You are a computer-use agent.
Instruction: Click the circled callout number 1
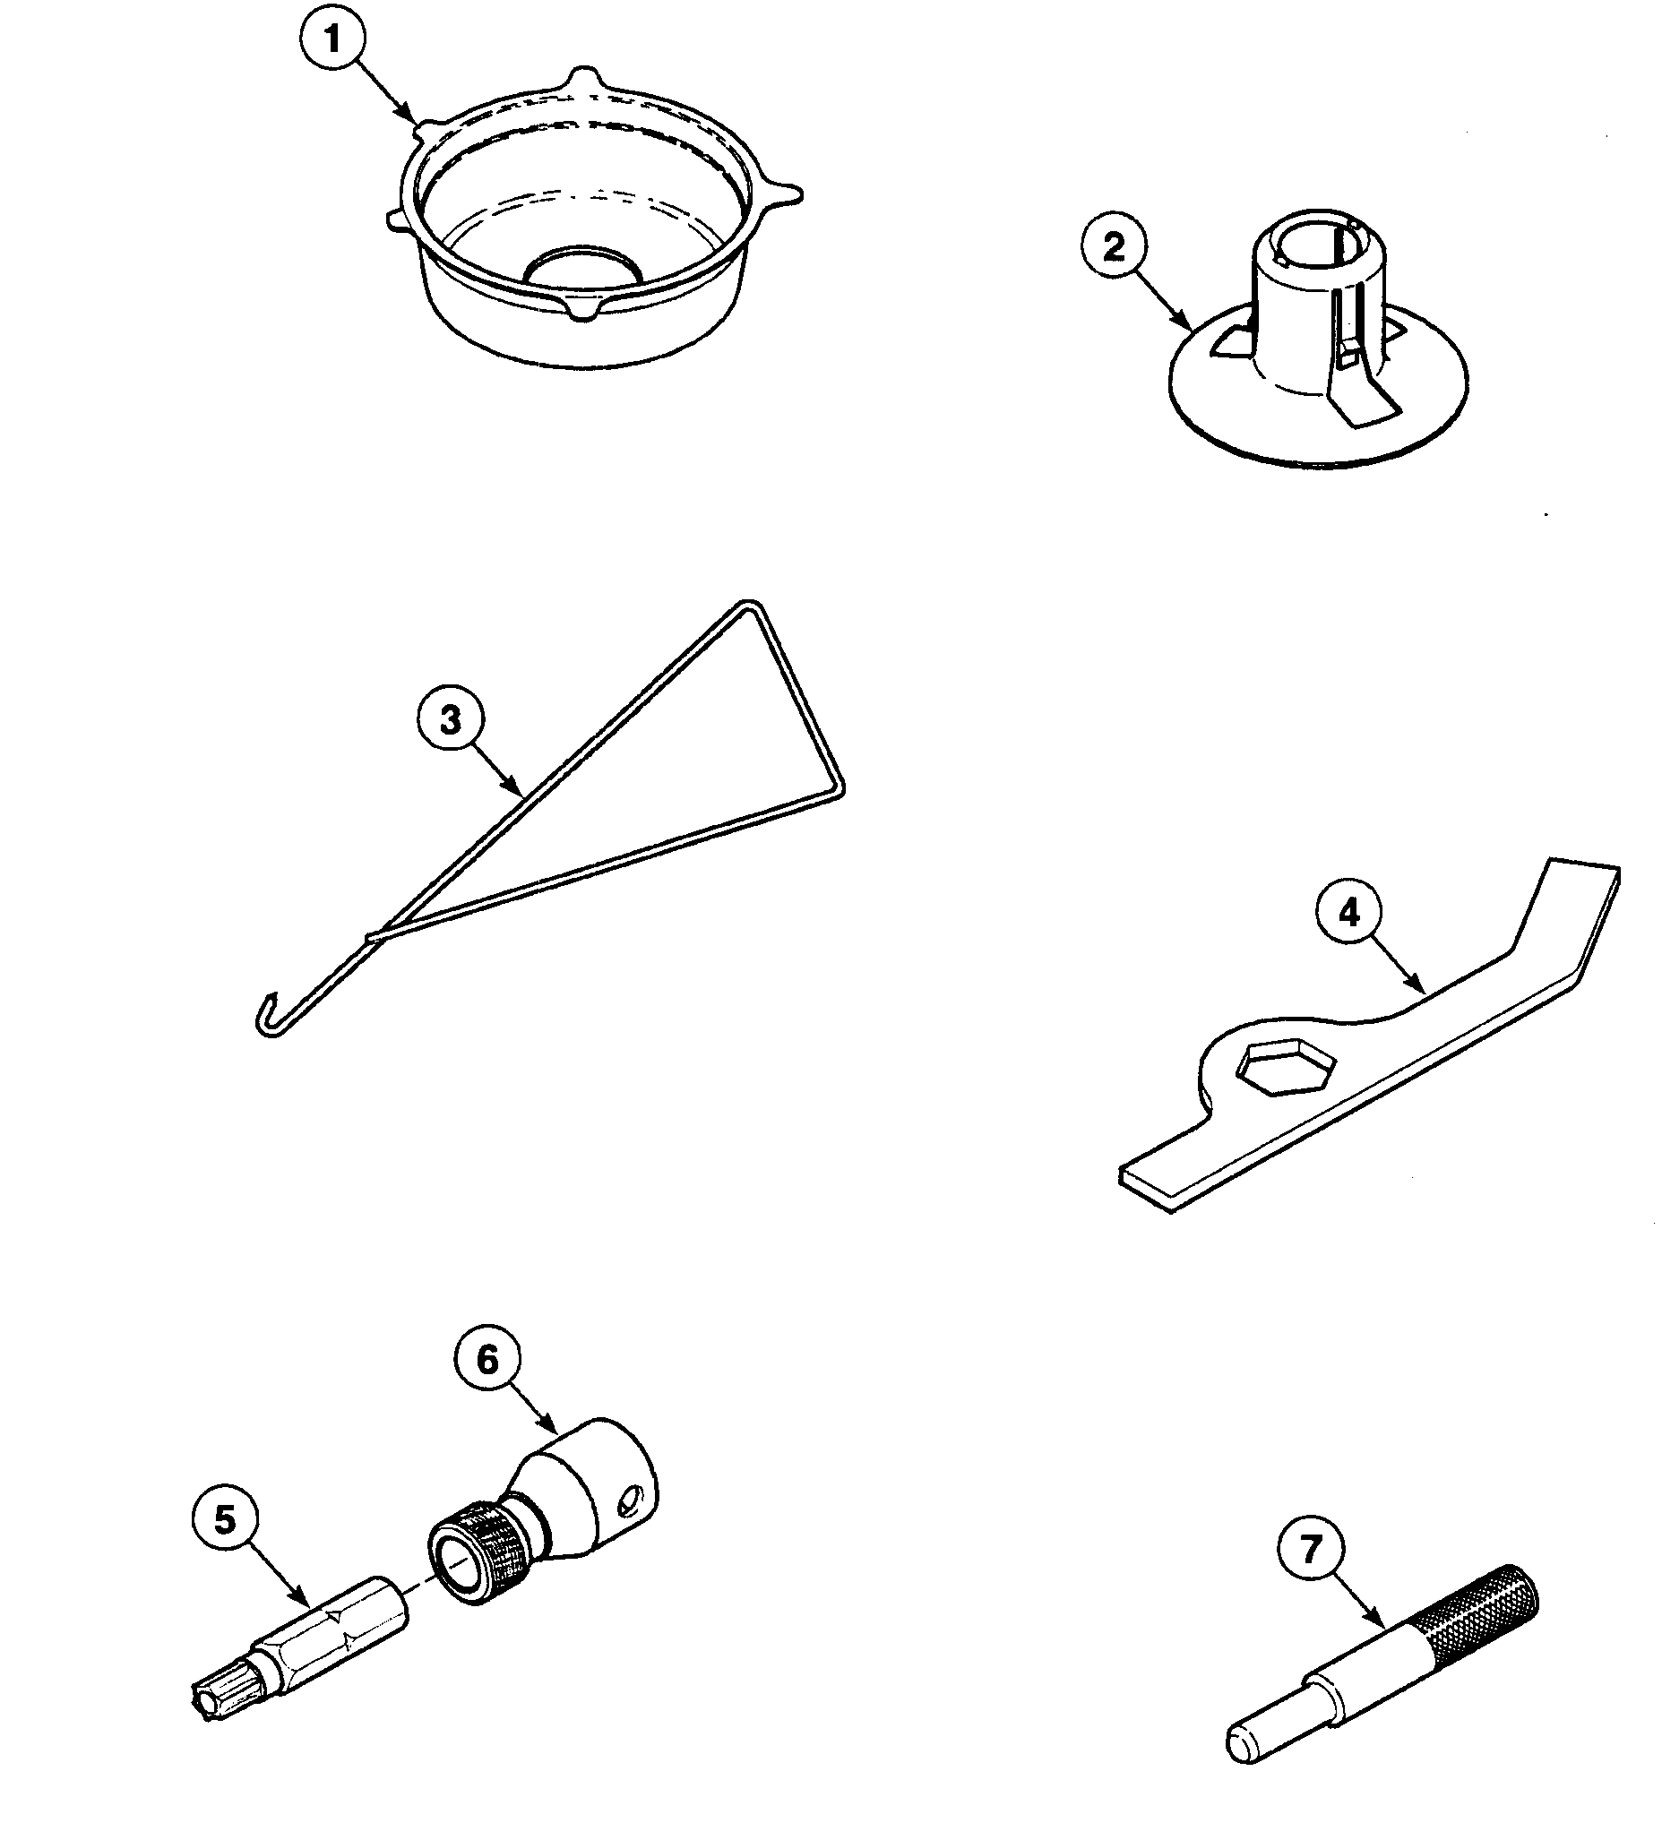pos(332,41)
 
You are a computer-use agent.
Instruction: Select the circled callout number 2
pos(1114,247)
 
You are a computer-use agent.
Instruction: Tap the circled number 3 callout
pos(450,719)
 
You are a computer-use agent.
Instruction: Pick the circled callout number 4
pos(1349,913)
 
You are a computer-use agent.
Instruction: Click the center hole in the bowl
pos(584,263)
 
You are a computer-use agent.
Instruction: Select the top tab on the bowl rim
pos(584,77)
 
